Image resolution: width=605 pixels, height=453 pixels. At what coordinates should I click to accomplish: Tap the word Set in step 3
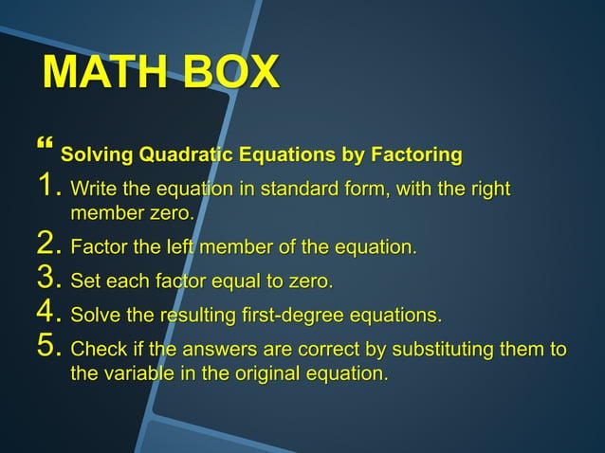click(87, 282)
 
